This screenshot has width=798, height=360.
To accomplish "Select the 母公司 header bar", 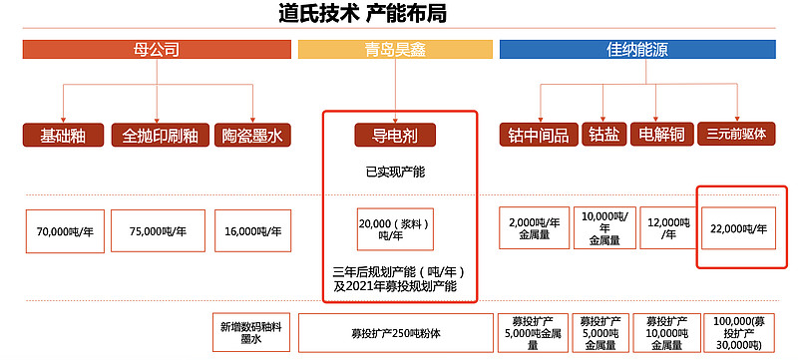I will (157, 49).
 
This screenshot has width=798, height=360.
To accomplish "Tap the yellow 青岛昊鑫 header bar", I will (395, 49).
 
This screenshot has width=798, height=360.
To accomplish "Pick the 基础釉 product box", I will (63, 135).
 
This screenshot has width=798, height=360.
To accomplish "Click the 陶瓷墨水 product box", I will (252, 135).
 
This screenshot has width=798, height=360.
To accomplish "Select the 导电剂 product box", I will (395, 135).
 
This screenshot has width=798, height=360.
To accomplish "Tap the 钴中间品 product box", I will (538, 135).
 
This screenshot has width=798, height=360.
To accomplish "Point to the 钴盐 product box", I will (602, 135).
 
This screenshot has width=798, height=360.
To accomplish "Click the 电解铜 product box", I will (659, 135).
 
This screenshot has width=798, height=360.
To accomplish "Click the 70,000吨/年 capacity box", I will (63, 230).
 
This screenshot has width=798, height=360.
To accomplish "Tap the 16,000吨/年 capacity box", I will (253, 230).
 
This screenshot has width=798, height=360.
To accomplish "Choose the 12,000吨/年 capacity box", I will (664, 228).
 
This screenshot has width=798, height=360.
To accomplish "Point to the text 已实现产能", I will (395, 173).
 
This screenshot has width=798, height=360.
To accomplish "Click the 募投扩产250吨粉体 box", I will (395, 333).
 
